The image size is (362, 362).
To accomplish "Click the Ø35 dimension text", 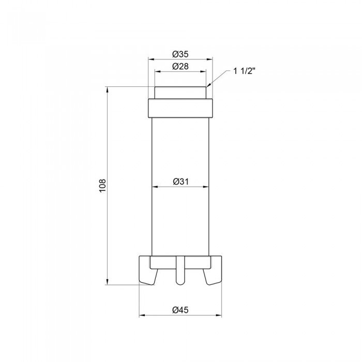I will click(x=180, y=54).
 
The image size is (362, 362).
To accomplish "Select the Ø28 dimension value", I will click(x=180, y=66).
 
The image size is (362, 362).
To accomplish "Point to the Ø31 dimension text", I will click(x=180, y=181).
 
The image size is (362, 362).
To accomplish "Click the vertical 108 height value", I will click(x=102, y=186).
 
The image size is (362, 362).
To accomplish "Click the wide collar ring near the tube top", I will click(x=180, y=108).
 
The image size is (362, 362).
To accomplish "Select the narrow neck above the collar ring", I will click(x=180, y=93).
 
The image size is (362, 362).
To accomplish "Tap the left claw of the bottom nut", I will click(x=148, y=270).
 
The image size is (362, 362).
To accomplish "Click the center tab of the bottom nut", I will click(x=179, y=271).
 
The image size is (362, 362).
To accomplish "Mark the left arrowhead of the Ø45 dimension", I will click(x=142, y=315).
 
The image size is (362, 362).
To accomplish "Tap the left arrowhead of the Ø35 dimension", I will click(x=151, y=59).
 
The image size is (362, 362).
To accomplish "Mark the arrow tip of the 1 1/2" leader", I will click(x=208, y=86).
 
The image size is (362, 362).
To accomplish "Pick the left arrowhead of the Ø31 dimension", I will click(x=154, y=187).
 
